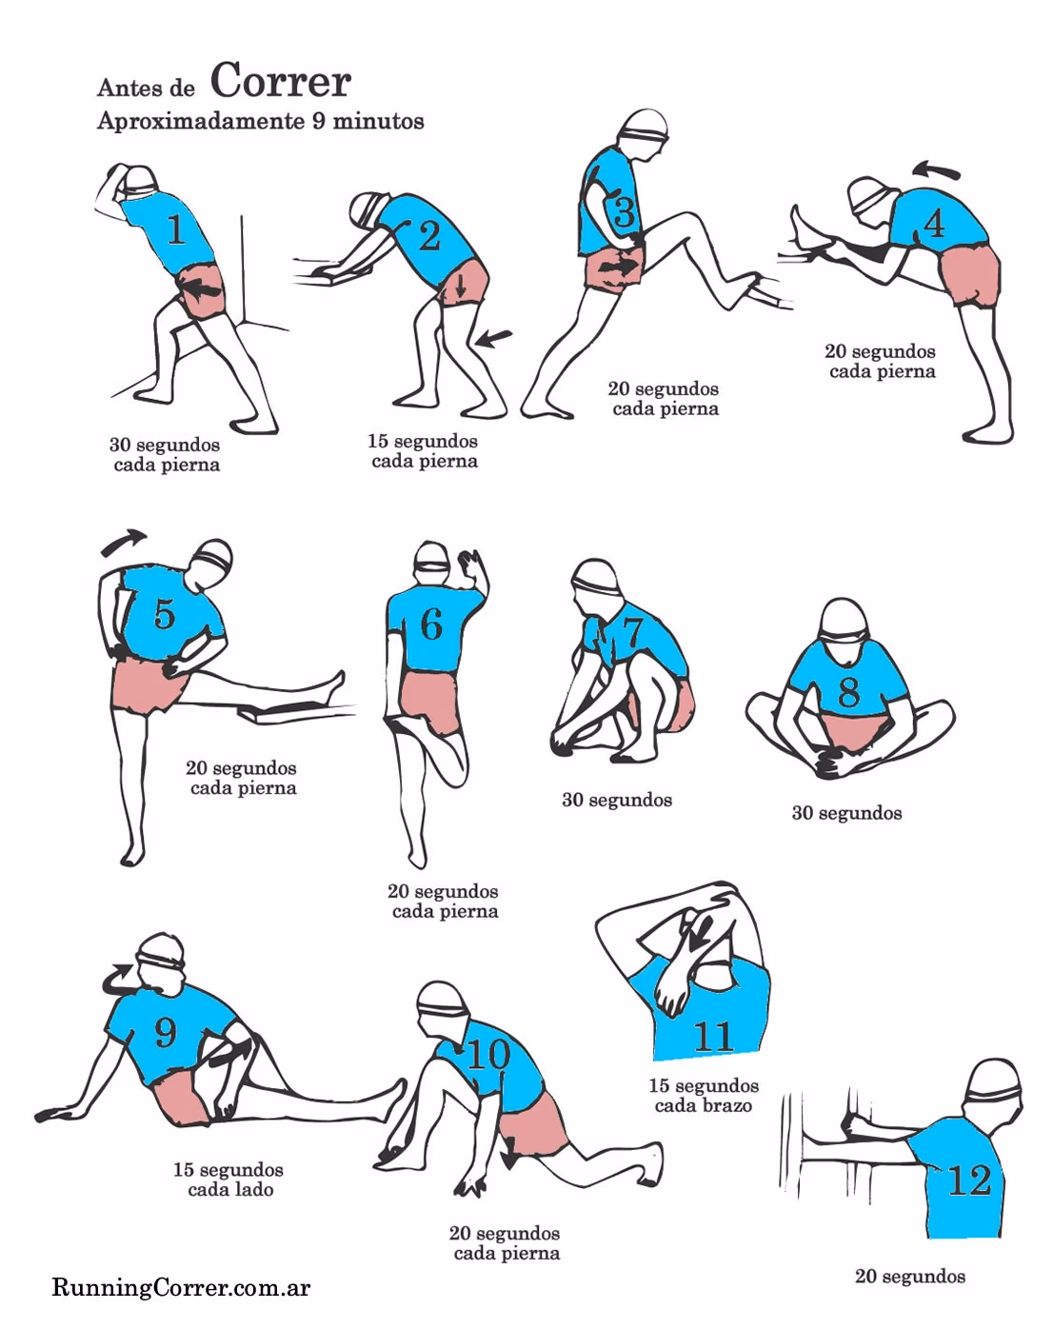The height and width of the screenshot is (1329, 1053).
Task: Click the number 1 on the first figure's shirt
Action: [x=175, y=230]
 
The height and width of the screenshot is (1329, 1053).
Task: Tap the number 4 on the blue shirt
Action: [x=934, y=225]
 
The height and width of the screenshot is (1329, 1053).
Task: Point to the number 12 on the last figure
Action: [x=969, y=1180]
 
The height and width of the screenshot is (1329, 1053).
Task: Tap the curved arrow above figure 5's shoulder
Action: [x=125, y=542]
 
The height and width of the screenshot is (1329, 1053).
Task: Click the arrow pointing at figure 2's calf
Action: [x=494, y=338]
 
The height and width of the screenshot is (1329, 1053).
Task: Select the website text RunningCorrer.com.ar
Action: [x=181, y=1289]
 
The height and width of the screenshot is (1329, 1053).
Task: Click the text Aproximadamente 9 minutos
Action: [x=260, y=122]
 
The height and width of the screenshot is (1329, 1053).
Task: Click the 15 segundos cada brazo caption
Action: [x=704, y=1096]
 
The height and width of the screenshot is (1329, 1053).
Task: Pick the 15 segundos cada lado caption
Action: [x=228, y=1180]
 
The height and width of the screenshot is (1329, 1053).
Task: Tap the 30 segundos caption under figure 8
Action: [x=846, y=813]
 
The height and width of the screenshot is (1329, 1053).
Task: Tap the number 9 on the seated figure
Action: [x=165, y=1032]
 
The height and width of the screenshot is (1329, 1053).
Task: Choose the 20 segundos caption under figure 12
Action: [x=909, y=1277]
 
